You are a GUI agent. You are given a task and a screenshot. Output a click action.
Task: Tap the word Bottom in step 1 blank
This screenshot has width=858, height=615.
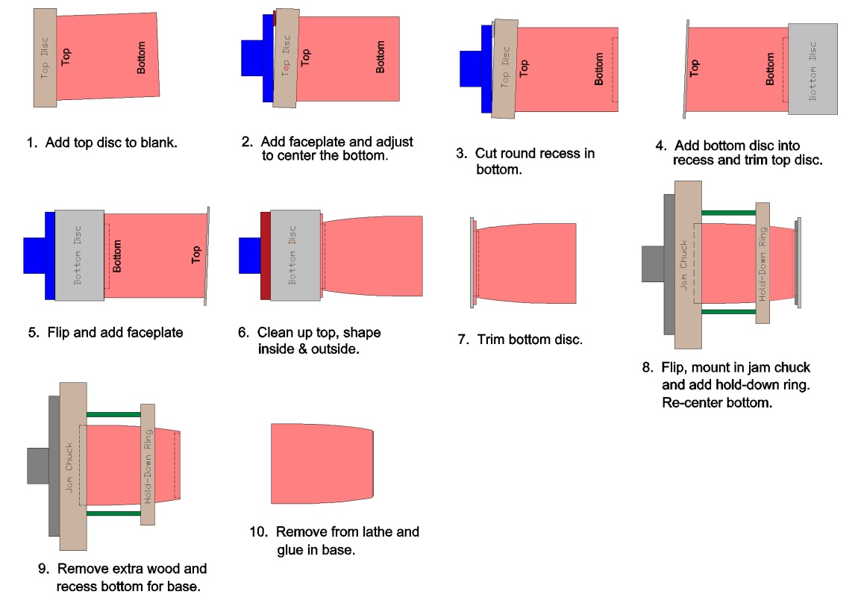tap(142, 57)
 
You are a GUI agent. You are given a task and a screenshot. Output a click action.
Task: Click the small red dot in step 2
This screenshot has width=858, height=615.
tap(286, 66)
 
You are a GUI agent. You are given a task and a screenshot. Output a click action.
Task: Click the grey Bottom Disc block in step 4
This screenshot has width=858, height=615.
tap(812, 69)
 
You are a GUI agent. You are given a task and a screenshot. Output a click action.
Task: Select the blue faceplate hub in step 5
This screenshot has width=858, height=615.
tap(34, 256)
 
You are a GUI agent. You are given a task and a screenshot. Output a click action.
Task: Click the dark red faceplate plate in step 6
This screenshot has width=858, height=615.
tap(265, 256)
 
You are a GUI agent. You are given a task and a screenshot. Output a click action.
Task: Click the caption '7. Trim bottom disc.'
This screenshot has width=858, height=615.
tap(520, 340)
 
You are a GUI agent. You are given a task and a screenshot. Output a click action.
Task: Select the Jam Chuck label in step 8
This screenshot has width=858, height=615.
tap(684, 264)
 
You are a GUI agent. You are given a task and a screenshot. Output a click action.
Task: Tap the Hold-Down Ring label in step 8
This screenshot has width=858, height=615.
tap(763, 263)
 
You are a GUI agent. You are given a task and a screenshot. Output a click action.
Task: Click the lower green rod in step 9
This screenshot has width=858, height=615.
tap(113, 513)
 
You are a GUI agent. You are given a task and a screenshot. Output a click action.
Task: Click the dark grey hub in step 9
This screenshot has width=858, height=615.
tap(37, 466)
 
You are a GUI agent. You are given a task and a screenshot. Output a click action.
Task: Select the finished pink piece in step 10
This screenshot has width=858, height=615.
tap(321, 463)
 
